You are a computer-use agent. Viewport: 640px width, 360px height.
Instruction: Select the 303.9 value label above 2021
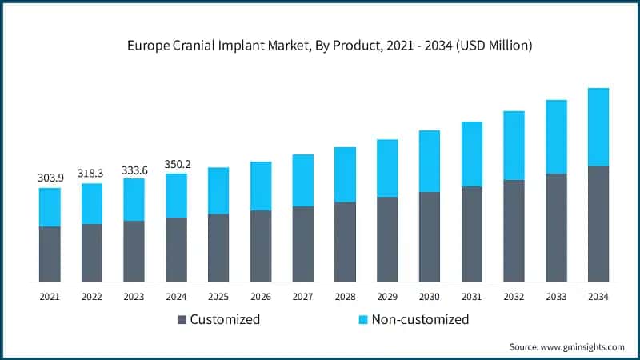[x=50, y=177]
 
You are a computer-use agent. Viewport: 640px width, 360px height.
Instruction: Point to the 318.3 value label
[x=92, y=172]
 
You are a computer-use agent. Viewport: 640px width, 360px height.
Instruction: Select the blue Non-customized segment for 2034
[x=598, y=127]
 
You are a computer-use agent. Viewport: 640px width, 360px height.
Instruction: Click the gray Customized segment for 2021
[x=50, y=254]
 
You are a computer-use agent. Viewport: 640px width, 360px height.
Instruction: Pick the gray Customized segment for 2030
[x=430, y=237]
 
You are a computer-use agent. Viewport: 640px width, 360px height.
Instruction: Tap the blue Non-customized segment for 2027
[x=302, y=181]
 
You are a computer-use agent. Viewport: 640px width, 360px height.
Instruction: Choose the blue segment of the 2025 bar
[x=218, y=191]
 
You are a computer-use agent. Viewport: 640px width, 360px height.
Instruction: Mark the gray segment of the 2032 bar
[x=514, y=230]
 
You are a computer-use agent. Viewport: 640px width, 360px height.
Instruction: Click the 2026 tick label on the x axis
[x=260, y=297]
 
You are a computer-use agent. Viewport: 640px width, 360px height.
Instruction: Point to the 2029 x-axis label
[x=387, y=297]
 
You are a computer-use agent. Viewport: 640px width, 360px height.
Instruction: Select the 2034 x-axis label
[x=598, y=297]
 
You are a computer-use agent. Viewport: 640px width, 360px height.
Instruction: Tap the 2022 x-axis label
[x=92, y=297]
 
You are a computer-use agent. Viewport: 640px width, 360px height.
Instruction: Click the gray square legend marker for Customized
[x=182, y=319]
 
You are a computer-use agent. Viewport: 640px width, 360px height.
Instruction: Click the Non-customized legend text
[x=421, y=319]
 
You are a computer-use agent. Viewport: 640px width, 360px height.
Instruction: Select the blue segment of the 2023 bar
[x=134, y=200]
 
